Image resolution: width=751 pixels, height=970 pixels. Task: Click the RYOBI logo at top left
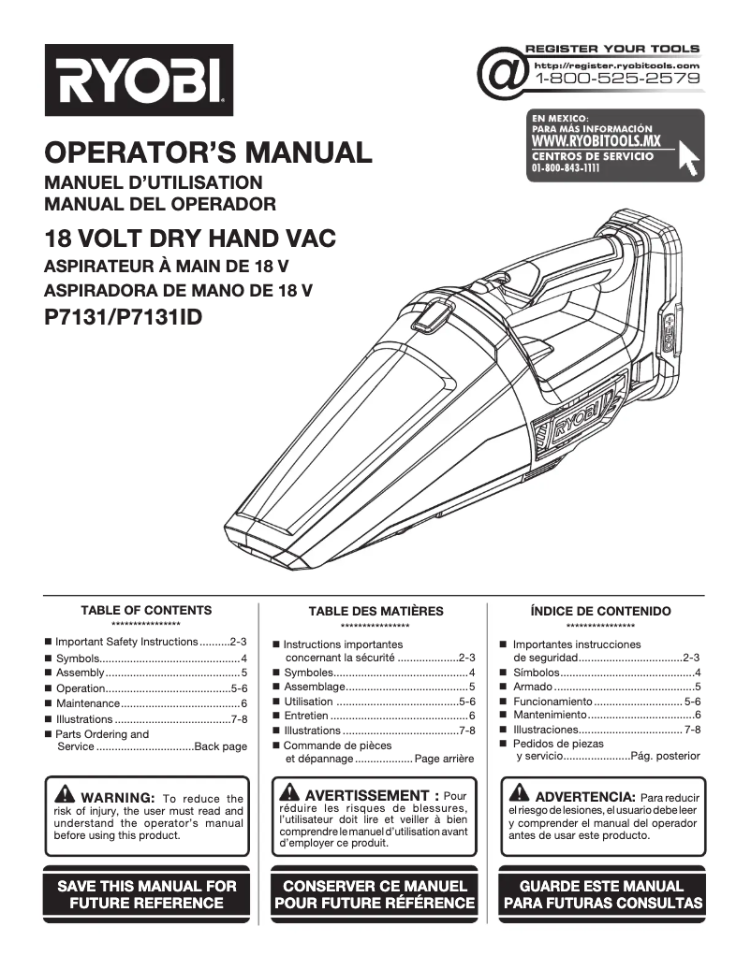coord(139,80)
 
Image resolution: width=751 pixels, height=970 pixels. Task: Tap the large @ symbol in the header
coord(501,73)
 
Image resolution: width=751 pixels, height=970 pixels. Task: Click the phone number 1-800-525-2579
coord(617,80)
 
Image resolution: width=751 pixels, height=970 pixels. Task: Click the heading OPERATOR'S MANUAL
coord(208,152)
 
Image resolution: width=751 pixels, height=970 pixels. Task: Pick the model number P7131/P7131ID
coord(123,317)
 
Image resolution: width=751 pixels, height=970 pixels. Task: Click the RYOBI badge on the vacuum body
coord(575,428)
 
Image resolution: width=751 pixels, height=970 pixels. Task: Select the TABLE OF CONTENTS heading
coord(146,610)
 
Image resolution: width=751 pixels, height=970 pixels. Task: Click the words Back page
coord(220,746)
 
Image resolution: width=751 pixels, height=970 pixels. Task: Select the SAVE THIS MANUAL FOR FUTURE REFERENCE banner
coord(147,894)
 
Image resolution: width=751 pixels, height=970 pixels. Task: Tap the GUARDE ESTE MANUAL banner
coord(601,894)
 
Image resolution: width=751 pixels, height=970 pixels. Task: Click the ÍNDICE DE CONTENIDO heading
coord(600,611)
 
